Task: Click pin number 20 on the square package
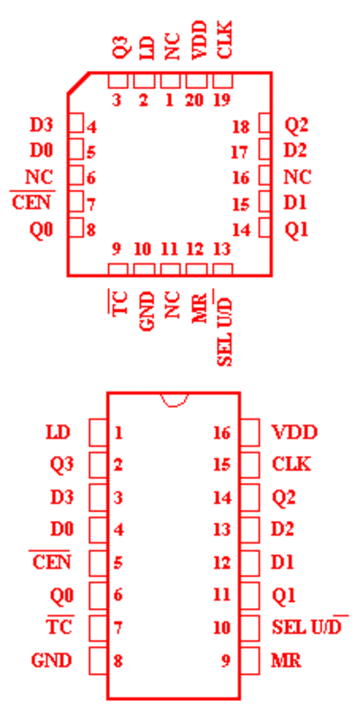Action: point(194,100)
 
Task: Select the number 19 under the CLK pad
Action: point(222,100)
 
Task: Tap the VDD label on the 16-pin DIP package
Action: point(294,433)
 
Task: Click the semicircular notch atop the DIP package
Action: point(174,400)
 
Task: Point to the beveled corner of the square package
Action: point(78,83)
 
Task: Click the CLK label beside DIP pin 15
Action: point(292,464)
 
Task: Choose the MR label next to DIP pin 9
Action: point(286,661)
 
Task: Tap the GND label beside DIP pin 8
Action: point(51,661)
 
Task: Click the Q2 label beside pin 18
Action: point(296,125)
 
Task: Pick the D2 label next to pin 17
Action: point(295,151)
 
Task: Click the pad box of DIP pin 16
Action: point(250,433)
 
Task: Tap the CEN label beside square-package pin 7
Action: point(31,202)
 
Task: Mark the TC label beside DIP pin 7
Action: point(60,627)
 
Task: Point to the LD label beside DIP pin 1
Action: point(58,433)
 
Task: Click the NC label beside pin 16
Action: point(298,176)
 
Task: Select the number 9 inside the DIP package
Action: point(226,661)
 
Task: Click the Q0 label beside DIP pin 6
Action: point(62,596)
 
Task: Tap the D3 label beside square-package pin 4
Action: point(41,125)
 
